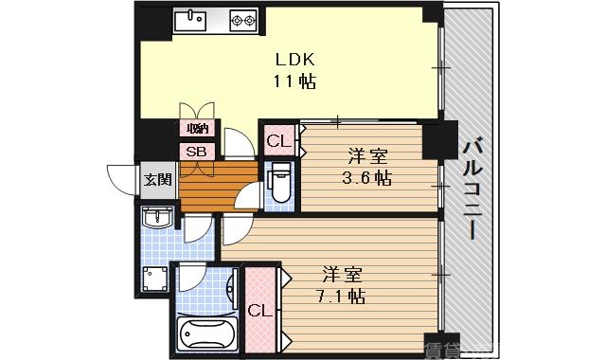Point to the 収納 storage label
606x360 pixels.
(197, 129)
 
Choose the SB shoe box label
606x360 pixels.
(196, 151)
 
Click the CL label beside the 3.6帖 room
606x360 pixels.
(277, 141)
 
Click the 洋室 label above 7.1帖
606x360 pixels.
(342, 275)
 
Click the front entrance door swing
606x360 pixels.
(122, 177)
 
